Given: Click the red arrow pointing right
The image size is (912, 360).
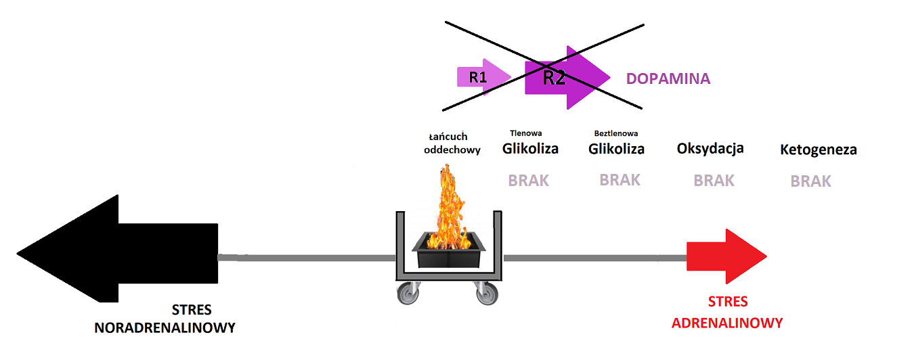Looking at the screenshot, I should (x=724, y=256).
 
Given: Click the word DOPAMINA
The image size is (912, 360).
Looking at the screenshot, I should (x=668, y=78).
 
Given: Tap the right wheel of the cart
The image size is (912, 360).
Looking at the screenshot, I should (x=485, y=294).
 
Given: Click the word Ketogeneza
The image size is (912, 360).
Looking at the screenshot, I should (x=818, y=150).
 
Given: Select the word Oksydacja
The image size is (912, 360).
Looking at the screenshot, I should (x=710, y=148).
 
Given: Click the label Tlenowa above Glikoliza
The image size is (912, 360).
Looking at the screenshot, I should (x=525, y=133).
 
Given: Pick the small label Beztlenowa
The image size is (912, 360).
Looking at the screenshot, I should (x=615, y=133).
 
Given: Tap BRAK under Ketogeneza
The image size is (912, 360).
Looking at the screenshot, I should (x=811, y=181).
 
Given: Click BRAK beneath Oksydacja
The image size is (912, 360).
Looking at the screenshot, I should (x=714, y=181).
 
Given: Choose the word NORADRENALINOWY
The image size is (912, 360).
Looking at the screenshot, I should (x=165, y=328).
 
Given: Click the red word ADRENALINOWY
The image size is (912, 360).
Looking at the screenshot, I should (x=726, y=323).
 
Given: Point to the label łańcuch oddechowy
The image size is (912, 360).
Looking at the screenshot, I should (x=452, y=143).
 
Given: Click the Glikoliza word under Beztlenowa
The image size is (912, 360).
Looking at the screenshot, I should (x=616, y=149).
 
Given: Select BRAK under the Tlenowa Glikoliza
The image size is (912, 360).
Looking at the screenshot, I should (x=528, y=181).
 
